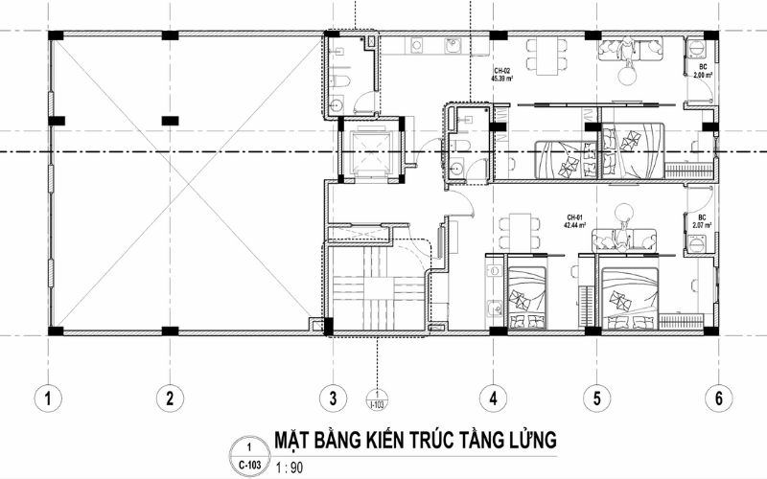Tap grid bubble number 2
(169, 396)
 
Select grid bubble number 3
(332, 396)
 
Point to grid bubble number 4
(492, 396)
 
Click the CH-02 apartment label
(502, 71)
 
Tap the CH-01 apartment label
(576, 217)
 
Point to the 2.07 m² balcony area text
(699, 226)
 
